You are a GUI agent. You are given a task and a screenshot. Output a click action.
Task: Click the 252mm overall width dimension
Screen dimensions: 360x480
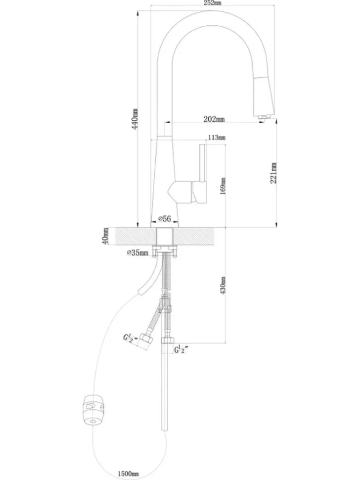pyautogui.click(x=212, y=3)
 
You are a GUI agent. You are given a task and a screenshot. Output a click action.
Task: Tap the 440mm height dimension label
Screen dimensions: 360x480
pyautogui.click(x=135, y=119)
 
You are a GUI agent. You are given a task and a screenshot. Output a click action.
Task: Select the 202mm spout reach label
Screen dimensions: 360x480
pyautogui.click(x=214, y=119)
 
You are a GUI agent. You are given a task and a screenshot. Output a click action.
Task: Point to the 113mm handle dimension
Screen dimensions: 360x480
pyautogui.click(x=217, y=138)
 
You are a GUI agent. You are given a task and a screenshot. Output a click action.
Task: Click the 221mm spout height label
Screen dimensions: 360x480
pyautogui.click(x=273, y=173)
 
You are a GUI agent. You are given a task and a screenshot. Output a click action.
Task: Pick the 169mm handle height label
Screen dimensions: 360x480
pyautogui.click(x=223, y=186)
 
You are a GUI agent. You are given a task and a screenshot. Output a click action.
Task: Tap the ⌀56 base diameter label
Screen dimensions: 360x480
pyautogui.click(x=164, y=218)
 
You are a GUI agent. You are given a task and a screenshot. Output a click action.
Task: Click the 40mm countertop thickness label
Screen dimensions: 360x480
pyautogui.click(x=105, y=236)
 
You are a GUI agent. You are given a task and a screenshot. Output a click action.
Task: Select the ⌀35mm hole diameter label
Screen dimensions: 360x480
pyautogui.click(x=137, y=252)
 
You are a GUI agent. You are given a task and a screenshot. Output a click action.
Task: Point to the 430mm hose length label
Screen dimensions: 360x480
pyautogui.click(x=223, y=286)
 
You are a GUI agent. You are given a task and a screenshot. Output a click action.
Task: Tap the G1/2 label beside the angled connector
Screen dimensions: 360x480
pyautogui.click(x=130, y=338)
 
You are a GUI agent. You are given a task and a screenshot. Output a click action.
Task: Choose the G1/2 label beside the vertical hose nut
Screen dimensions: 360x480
pyautogui.click(x=180, y=349)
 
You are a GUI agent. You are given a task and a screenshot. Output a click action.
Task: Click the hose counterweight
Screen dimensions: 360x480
pyautogui.click(x=93, y=411)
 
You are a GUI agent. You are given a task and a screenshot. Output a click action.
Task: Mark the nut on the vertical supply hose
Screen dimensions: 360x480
pyautogui.click(x=167, y=340)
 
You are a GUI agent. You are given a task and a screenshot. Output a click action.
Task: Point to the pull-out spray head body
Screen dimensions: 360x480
pyautogui.click(x=264, y=96)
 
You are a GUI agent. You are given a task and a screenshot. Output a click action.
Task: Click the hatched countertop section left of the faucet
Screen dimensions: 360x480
pyautogui.click(x=136, y=237)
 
